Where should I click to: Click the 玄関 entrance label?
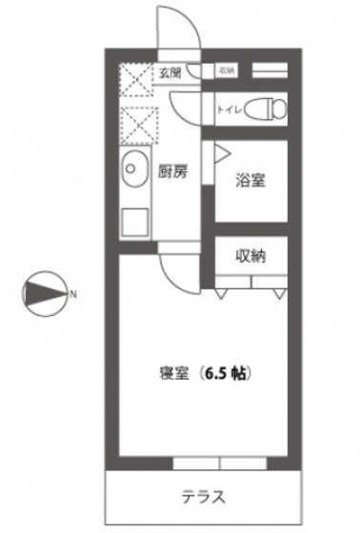170,70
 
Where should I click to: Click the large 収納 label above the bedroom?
250,255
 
